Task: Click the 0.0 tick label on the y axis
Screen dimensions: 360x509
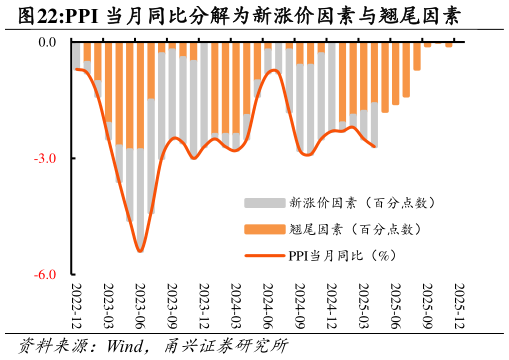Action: (48, 42)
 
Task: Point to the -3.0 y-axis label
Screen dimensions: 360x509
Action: (47, 158)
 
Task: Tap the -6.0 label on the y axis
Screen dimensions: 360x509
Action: (47, 274)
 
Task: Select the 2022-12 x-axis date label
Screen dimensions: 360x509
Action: (76, 304)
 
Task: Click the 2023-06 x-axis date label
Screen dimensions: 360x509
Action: (140, 304)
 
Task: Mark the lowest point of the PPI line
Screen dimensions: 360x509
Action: (140, 251)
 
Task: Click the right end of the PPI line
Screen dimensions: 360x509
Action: (375, 147)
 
